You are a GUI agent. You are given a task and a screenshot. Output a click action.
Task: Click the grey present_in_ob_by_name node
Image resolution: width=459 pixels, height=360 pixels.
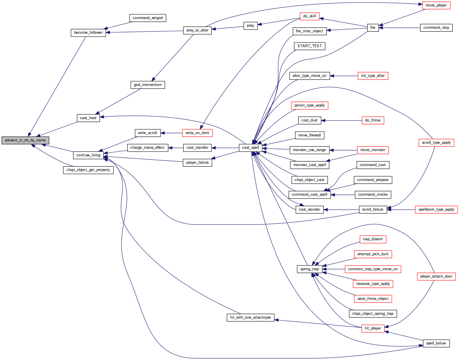pos(25,140)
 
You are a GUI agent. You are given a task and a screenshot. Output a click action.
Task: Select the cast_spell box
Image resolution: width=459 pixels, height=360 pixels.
pos(250,148)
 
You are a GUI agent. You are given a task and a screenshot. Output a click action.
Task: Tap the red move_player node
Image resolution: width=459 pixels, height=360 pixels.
pos(436,5)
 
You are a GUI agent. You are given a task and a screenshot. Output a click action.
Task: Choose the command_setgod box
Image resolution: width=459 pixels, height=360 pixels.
pos(148,18)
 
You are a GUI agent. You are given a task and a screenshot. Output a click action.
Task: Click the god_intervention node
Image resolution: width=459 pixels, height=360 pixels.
pos(148,85)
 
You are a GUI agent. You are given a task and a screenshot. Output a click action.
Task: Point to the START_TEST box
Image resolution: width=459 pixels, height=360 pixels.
pos(309,46)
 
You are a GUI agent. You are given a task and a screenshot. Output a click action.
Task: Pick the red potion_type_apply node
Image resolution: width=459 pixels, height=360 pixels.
pos(309,105)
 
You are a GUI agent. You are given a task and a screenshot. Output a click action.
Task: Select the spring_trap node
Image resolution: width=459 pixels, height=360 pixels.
pos(309,269)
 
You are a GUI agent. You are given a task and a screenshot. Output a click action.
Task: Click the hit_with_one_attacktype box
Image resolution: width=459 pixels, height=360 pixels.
pos(250,317)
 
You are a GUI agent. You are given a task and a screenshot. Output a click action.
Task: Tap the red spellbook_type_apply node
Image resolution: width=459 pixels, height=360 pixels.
pos(436,209)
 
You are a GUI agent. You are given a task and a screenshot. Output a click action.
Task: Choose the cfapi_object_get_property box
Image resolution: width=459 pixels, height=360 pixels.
pos(88,170)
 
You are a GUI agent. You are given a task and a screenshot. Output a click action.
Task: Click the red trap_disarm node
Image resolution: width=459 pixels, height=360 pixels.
pos(373,239)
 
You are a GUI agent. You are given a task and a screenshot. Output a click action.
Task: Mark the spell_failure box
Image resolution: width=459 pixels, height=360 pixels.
pos(436,343)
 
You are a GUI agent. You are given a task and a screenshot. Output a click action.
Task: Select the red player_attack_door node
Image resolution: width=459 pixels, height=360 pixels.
pos(436,276)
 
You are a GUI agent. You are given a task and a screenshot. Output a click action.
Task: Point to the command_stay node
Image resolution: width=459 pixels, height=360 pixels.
pos(436,28)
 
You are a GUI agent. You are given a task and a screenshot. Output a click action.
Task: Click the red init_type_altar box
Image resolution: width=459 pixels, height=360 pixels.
pos(373,76)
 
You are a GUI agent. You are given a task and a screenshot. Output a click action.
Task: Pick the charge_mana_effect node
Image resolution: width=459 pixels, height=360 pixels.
pos(148,148)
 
